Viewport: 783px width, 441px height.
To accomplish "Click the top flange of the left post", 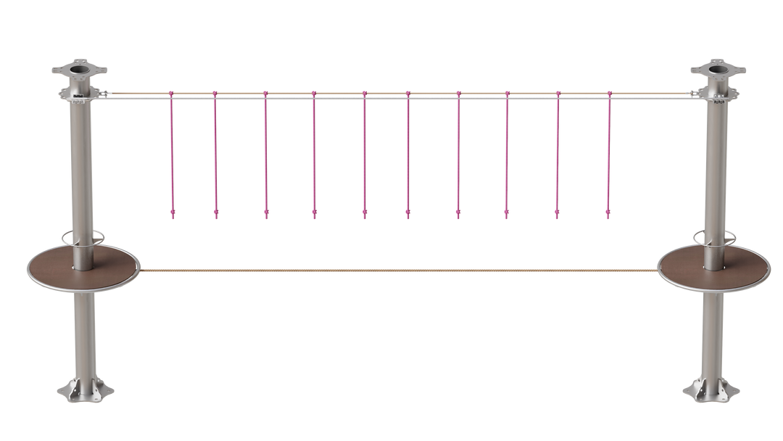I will point(79,71).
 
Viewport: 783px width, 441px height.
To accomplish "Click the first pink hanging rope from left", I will point(172,152).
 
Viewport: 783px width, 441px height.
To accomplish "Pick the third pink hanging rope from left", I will point(265,152).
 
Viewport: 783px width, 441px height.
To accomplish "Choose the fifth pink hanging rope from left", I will point(365,152).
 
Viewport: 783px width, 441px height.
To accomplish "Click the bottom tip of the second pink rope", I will point(215,214).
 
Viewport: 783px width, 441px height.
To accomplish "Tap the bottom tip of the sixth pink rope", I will point(408,214).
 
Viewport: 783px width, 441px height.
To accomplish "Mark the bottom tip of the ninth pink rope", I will point(558,214).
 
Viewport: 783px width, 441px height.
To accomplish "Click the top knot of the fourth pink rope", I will point(314,94).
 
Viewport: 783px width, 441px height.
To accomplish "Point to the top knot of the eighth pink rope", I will point(507,94).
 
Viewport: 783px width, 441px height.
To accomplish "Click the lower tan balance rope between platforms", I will point(399,270).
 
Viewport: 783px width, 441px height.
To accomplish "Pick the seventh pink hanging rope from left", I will point(458,152).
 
